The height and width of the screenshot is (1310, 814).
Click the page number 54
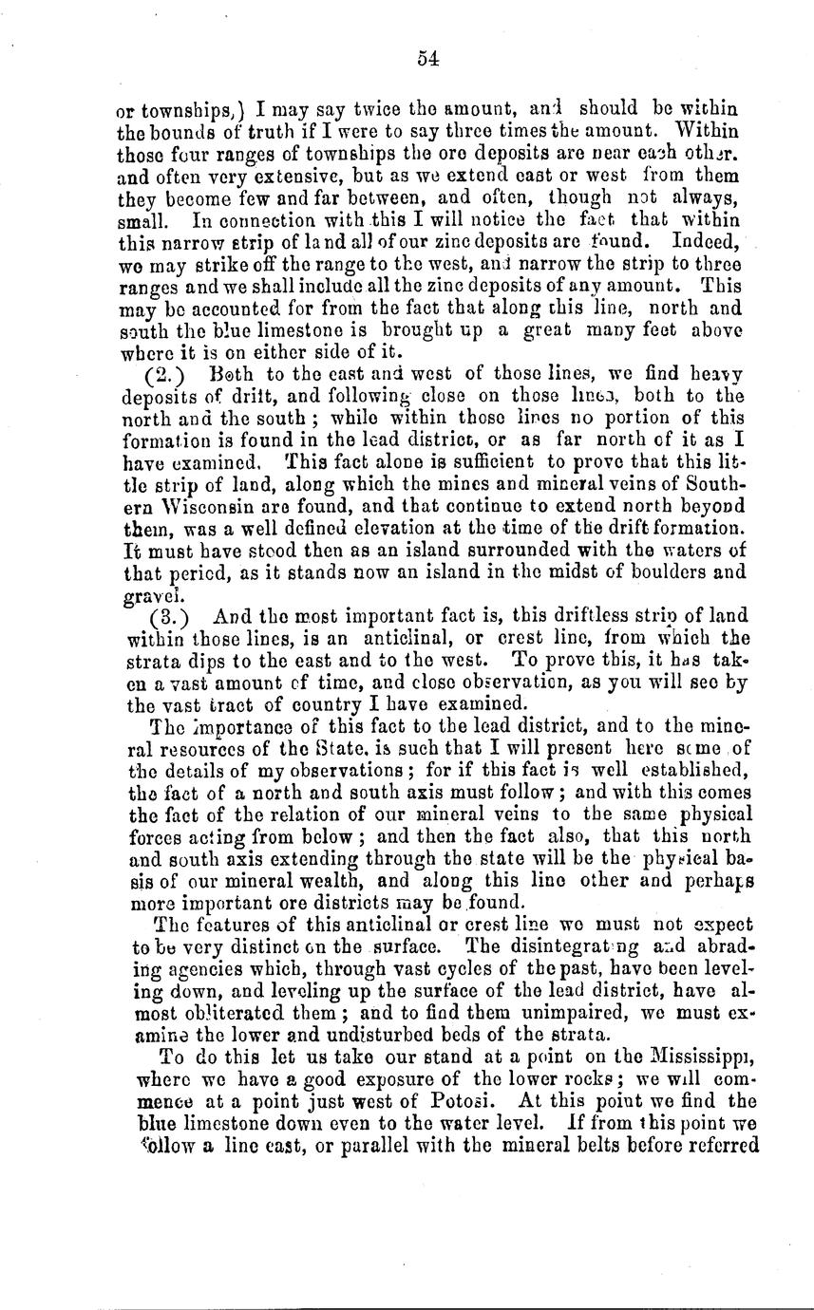[426, 58]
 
